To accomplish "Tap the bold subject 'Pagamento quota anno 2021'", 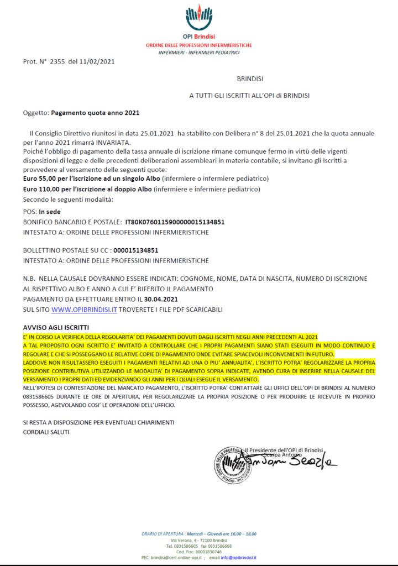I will coord(95,113).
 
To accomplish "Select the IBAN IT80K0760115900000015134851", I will coord(175,222).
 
